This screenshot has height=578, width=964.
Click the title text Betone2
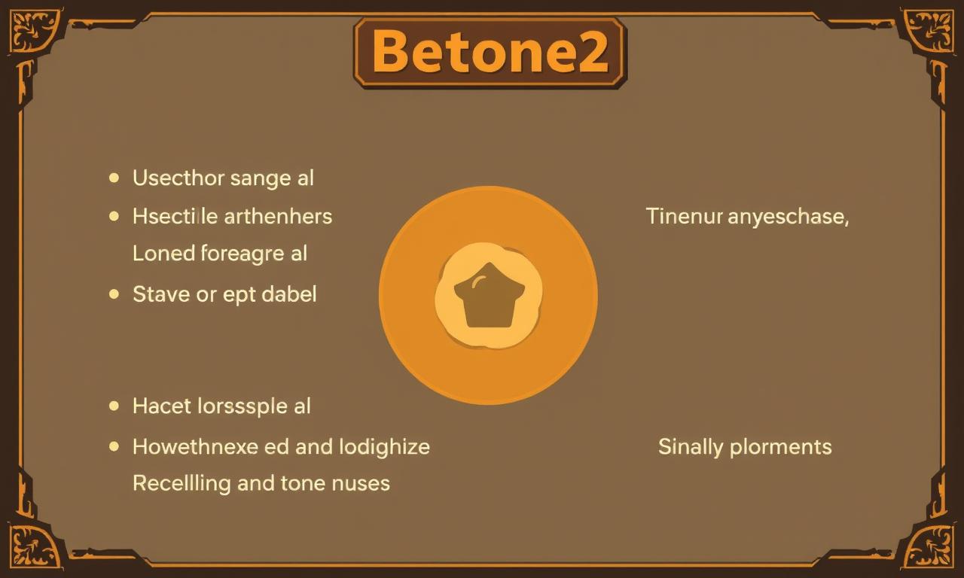490,53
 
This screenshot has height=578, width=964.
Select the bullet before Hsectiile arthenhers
114,216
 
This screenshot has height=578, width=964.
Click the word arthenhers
278,216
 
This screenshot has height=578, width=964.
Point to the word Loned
164,253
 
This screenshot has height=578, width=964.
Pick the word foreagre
243,254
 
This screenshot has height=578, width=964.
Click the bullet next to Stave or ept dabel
114,294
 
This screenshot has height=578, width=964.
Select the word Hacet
162,406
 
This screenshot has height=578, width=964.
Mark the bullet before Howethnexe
114,446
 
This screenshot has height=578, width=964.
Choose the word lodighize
384,447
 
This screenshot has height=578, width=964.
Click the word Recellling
182,484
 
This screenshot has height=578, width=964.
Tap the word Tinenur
685,216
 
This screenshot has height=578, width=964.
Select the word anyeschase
789,217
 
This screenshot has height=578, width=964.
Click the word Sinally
691,447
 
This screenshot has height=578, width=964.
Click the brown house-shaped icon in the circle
490,296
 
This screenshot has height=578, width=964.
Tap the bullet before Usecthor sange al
114,178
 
